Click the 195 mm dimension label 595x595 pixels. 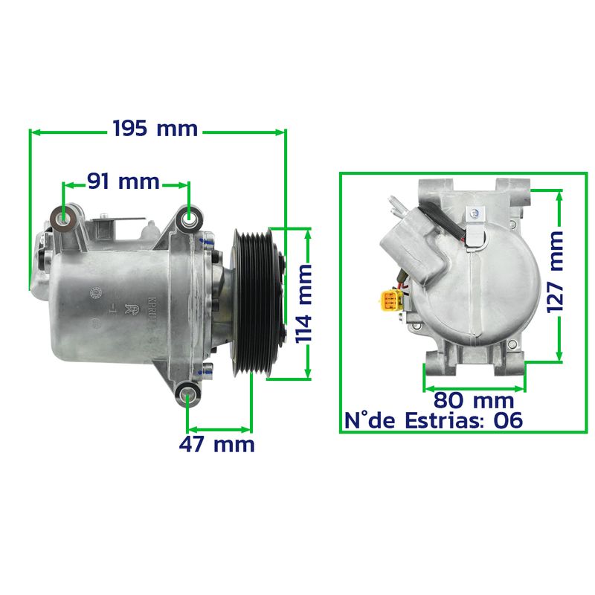pos(155,129)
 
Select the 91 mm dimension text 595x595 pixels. pos(123,181)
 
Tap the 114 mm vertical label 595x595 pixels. pos(303,304)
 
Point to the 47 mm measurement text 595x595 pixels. pos(216,444)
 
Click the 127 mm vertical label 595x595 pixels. pos(555,272)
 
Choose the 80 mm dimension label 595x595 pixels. pos(474,400)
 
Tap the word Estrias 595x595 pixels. pos(444,420)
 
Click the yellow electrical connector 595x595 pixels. pos(391,300)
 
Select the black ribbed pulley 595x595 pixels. pos(256,303)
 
